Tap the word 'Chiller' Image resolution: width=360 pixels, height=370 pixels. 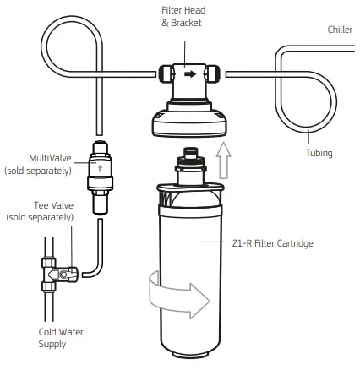coord(341,30)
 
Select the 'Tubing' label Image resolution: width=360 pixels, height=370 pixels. coord(319,153)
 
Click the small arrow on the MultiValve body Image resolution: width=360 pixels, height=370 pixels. coord(101,168)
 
